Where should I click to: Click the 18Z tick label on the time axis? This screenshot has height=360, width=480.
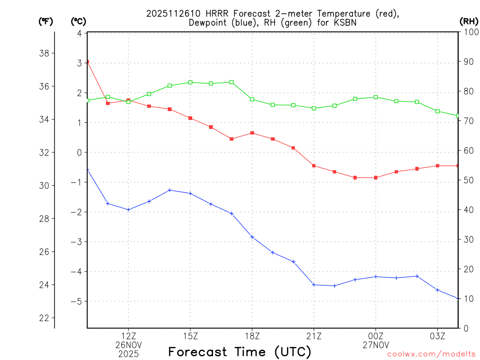pyautogui.click(x=252, y=336)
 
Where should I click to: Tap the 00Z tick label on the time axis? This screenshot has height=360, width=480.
pyautogui.click(x=375, y=336)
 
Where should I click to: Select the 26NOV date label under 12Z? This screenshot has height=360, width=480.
pyautogui.click(x=128, y=345)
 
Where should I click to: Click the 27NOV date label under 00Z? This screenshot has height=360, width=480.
pyautogui.click(x=375, y=345)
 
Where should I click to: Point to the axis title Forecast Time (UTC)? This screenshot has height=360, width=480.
pyautogui.click(x=240, y=352)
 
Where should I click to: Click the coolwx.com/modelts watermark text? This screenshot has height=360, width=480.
pyautogui.click(x=431, y=354)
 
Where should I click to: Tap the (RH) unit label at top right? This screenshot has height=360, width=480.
pyautogui.click(x=469, y=21)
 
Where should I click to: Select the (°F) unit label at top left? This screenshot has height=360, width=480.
pyautogui.click(x=45, y=21)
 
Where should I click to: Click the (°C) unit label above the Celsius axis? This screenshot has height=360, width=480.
pyautogui.click(x=78, y=21)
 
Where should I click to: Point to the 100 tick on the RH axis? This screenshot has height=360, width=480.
pyautogui.click(x=470, y=32)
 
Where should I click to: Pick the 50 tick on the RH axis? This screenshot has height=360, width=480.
pyautogui.click(x=468, y=180)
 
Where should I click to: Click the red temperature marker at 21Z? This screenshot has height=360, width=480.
pyautogui.click(x=314, y=165)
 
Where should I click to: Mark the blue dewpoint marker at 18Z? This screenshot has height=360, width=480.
pyautogui.click(x=252, y=237)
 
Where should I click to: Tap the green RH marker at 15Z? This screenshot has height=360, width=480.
pyautogui.click(x=190, y=82)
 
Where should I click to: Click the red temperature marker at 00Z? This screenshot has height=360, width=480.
pyautogui.click(x=375, y=178)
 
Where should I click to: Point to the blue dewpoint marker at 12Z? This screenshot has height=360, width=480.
pyautogui.click(x=128, y=210)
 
